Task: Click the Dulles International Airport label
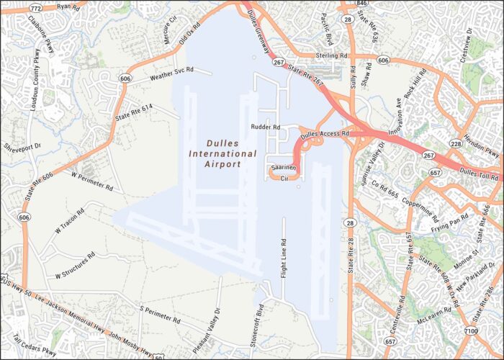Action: tap(222, 153)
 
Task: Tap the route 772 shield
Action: tap(34, 7)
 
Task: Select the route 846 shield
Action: tap(361, 4)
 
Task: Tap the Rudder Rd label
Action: tap(265, 127)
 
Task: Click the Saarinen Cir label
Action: tap(279, 172)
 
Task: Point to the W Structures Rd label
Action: tap(76, 266)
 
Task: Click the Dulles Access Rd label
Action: tap(324, 134)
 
